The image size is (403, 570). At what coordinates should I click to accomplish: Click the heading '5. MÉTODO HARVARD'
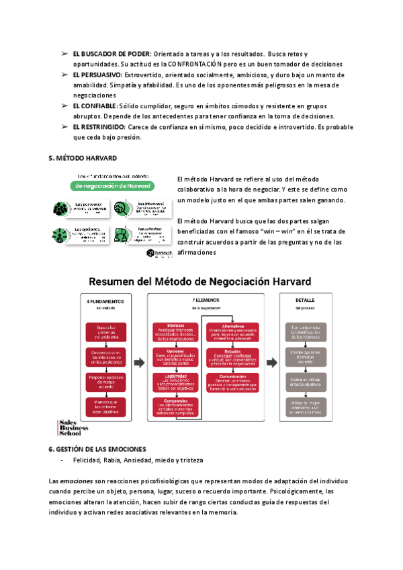click(83, 158)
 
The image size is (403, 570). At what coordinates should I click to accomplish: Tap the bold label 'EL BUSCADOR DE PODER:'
click(111, 54)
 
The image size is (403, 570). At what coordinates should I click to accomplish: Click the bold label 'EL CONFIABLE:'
click(95, 106)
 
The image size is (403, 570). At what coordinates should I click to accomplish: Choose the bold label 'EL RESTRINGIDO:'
click(99, 127)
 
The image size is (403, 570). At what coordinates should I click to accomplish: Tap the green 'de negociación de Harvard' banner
click(114, 186)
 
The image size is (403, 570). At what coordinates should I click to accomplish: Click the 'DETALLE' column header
click(305, 300)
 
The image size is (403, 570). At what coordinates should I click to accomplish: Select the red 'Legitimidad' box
click(175, 381)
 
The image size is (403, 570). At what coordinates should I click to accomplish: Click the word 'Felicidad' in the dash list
click(79, 460)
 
